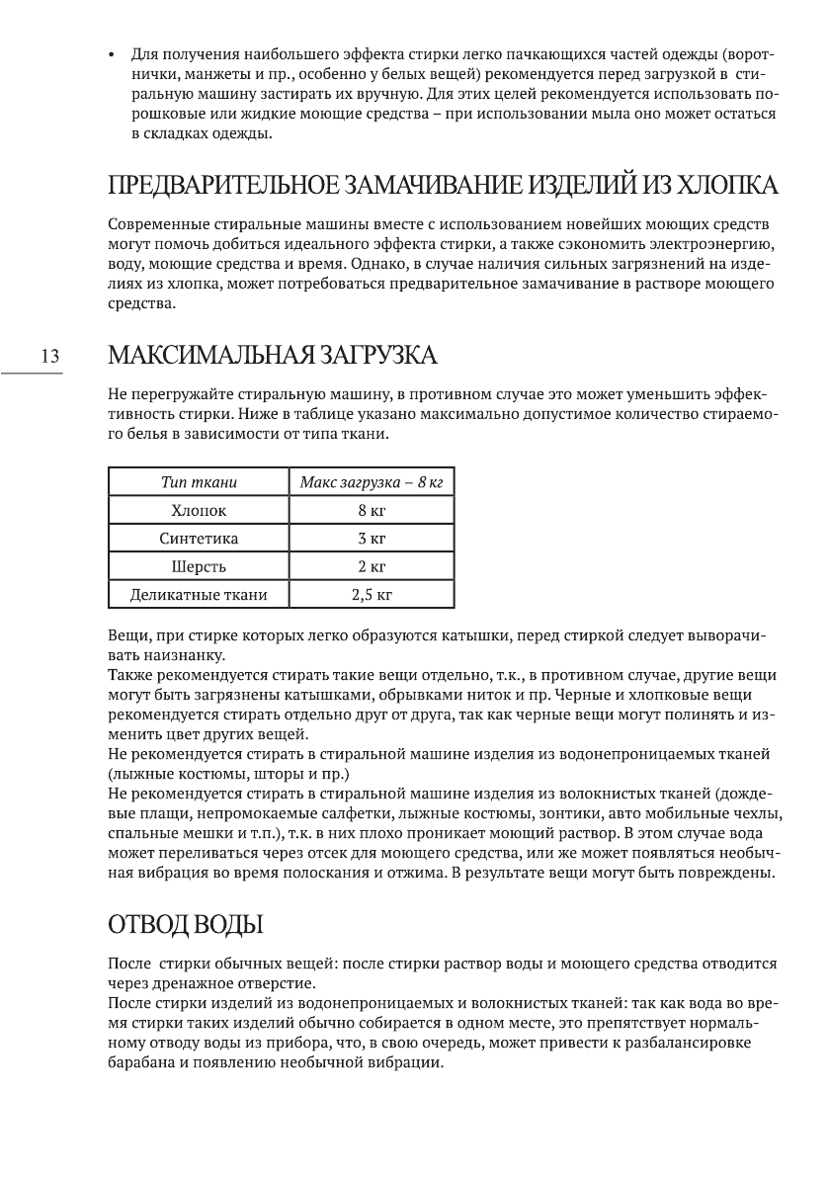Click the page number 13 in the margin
[x=50, y=357]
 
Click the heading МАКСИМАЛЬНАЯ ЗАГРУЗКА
[x=271, y=355]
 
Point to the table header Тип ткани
[x=199, y=482]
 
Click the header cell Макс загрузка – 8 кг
[x=371, y=482]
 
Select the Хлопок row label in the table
[x=199, y=511]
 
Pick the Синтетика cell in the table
[x=199, y=539]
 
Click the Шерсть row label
[x=199, y=566]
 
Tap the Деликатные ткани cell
[x=199, y=595]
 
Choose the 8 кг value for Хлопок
[x=371, y=511]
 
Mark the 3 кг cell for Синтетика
[x=371, y=539]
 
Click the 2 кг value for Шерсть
[x=371, y=566]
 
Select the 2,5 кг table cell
[x=371, y=595]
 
